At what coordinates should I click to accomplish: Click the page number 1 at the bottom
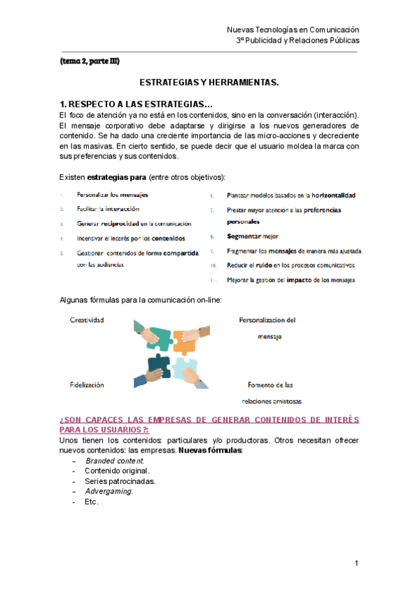[356, 563]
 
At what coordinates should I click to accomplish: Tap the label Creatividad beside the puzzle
[87, 320]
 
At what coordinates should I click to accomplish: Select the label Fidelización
[87, 385]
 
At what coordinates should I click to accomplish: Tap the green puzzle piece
[158, 338]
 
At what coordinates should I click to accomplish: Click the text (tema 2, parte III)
[90, 61]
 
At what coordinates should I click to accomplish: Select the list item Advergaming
[108, 491]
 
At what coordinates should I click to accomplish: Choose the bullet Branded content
[115, 461]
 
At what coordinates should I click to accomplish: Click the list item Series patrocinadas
[120, 481]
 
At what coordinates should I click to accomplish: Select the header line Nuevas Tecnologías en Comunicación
[293, 29]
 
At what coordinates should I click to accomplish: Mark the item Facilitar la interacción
[108, 209]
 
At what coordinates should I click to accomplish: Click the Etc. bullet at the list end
[91, 502]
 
